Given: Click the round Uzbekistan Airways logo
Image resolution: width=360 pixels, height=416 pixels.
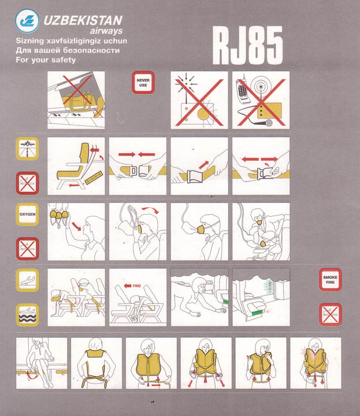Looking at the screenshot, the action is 27,21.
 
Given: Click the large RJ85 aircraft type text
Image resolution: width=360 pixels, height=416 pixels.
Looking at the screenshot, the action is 247,46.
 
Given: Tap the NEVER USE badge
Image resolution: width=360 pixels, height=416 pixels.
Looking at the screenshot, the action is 143,83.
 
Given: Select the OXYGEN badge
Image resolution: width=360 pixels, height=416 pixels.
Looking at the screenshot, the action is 27,214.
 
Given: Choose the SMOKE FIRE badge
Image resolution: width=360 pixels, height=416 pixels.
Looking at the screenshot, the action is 331,280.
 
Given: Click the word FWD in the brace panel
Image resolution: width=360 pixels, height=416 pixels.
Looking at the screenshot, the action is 136,286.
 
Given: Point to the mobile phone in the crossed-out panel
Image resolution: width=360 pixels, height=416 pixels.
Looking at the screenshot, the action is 243,91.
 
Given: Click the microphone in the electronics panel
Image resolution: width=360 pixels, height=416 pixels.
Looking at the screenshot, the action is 268,123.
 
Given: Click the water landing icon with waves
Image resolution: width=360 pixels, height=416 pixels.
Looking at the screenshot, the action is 27,315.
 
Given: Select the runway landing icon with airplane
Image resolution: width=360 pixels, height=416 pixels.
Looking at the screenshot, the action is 27,149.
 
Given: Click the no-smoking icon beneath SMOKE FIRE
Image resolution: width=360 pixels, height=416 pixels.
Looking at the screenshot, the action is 331,314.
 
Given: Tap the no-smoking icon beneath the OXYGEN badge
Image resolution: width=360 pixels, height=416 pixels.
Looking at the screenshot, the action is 27,248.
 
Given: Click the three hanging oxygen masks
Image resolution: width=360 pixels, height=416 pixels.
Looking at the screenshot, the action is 59,215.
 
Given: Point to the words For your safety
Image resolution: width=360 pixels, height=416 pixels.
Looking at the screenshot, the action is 46,60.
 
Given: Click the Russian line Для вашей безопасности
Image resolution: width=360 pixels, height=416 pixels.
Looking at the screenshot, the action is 68,50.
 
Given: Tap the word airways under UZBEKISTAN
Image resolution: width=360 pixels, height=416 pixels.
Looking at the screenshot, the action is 106,31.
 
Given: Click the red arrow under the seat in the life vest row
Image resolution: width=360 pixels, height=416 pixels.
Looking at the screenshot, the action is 30,377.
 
